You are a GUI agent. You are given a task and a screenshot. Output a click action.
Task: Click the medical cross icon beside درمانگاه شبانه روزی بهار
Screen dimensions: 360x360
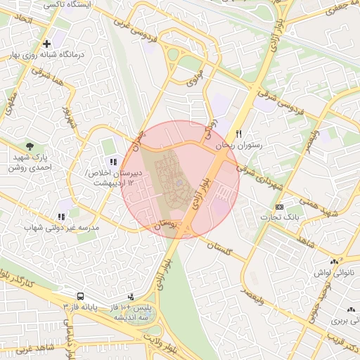[46, 44]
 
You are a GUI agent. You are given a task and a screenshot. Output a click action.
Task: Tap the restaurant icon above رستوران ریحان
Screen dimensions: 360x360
[239, 134]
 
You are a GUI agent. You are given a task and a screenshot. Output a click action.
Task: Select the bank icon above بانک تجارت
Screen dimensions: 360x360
[279, 207]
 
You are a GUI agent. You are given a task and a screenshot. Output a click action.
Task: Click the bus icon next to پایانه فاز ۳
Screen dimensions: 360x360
[81, 297]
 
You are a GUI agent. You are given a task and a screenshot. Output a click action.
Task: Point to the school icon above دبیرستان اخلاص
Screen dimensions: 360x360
[114, 162]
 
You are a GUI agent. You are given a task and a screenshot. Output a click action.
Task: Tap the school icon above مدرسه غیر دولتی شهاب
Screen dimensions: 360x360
[61, 217]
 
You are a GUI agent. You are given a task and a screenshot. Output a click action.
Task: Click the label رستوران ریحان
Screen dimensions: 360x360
[239, 145]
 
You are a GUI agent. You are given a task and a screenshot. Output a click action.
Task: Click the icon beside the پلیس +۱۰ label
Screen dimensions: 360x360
[131, 297]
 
